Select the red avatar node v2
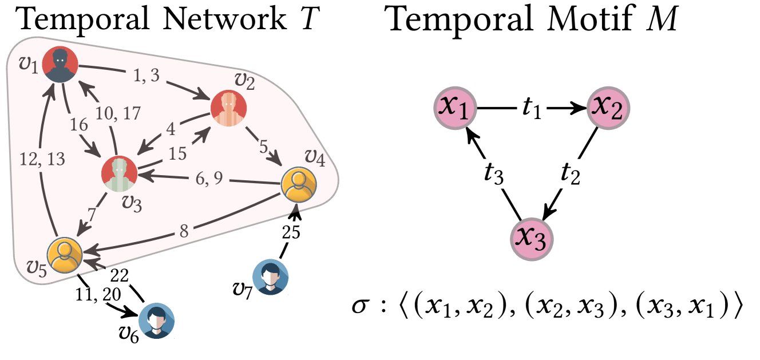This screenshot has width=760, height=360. pos(228,108)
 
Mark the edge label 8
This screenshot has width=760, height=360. pos(183,232)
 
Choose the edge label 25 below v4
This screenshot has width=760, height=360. pos(291,232)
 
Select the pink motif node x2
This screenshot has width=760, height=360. pos(608,108)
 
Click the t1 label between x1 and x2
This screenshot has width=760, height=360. pos(531,108)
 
